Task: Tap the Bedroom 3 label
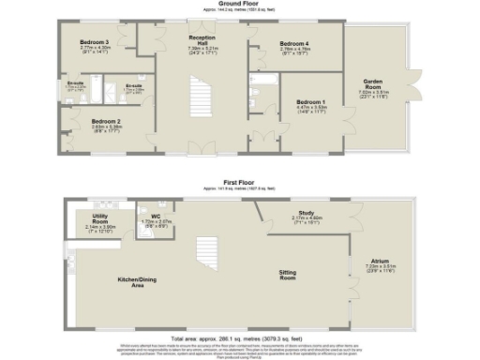(x=94, y=42)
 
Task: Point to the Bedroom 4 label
(x=293, y=44)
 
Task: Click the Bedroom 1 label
(x=311, y=101)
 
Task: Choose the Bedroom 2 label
(x=106, y=121)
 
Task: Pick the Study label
(x=304, y=213)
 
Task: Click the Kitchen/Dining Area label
(x=136, y=281)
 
